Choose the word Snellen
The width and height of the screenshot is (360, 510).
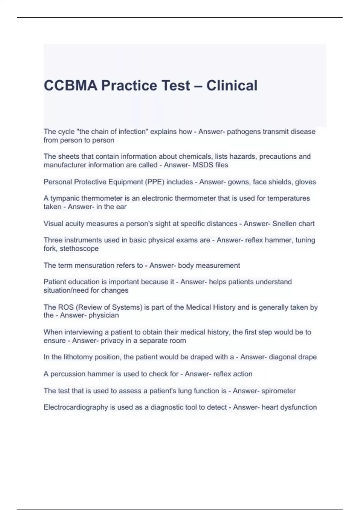click(283, 224)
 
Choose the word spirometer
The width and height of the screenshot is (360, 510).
click(278, 391)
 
